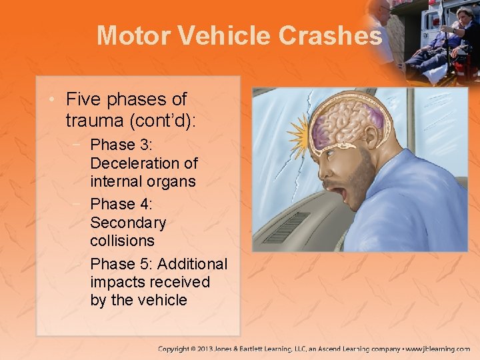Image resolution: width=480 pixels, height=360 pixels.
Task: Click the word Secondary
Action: [x=128, y=221]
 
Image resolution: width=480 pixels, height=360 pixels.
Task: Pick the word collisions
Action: [x=122, y=240]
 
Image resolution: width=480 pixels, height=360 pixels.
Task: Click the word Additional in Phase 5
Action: [x=193, y=263]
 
